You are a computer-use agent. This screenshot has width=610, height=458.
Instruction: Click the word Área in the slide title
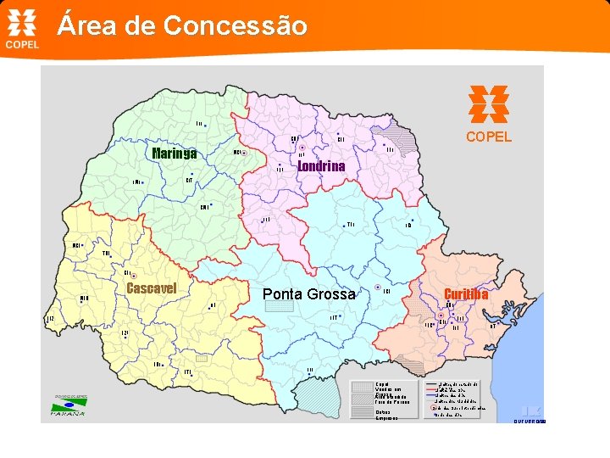point(81,26)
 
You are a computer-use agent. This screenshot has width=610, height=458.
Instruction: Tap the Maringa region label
point(175,154)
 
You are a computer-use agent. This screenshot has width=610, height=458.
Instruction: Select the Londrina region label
point(321,166)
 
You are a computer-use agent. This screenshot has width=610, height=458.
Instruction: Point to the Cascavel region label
point(151,288)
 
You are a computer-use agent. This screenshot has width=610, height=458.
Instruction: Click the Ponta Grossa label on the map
point(309,294)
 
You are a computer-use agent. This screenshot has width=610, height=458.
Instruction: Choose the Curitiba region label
point(466,294)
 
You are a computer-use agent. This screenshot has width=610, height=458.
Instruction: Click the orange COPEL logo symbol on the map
point(489,104)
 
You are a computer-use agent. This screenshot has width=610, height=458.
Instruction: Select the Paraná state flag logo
point(69,405)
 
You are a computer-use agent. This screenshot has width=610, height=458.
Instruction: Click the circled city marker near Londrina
point(302,146)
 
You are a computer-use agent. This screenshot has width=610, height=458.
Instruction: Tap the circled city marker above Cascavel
point(134,276)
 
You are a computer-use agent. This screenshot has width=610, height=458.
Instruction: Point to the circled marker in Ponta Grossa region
point(377,288)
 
